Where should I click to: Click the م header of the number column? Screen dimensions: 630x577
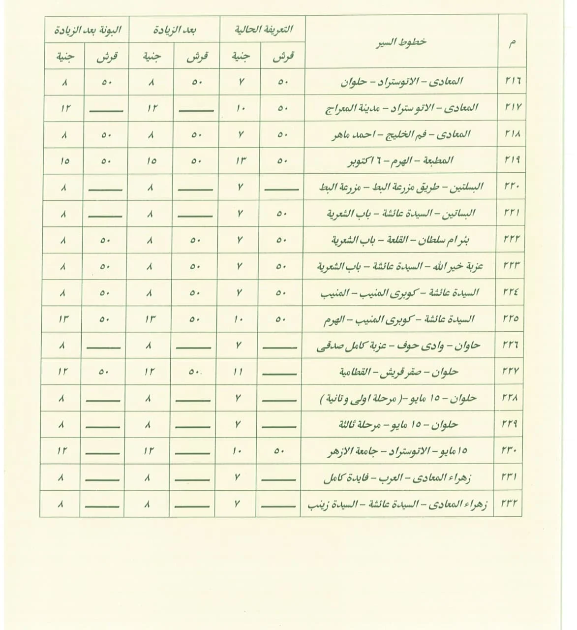[512, 43]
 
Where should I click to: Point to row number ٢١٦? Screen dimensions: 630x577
[512, 81]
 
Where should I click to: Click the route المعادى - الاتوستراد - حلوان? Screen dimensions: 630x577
[402, 81]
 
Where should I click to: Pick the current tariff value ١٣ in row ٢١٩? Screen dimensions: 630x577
[240, 160]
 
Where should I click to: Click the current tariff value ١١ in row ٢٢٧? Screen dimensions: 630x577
[238, 372]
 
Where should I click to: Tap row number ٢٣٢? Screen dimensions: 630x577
[511, 504]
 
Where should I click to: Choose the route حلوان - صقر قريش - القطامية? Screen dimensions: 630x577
[399, 372]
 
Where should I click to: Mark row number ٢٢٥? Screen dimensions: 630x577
[511, 319]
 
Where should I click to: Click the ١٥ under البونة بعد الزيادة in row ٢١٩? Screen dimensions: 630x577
[64, 160]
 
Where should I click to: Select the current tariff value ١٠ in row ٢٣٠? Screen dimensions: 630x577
[238, 451]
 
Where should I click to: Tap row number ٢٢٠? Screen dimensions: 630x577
[512, 187]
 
